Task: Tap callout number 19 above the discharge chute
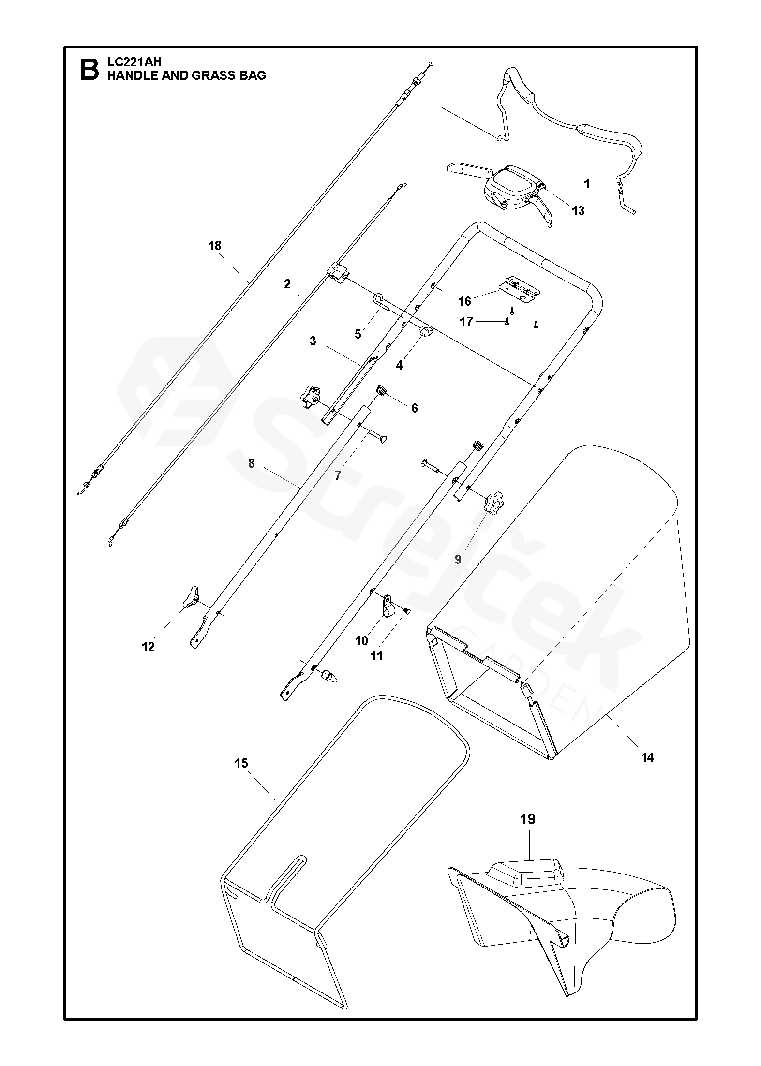(x=528, y=819)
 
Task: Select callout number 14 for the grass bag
(x=647, y=757)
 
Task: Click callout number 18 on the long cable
(x=214, y=246)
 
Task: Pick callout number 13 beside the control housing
(x=578, y=211)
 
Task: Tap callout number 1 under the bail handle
(x=587, y=184)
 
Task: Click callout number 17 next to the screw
(x=466, y=322)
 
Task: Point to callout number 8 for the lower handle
(x=251, y=463)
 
